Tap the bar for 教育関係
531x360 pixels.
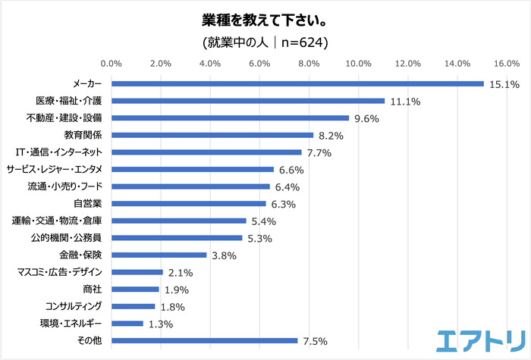(x=212, y=135)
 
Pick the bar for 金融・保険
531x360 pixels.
(x=159, y=255)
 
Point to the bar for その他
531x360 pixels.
(x=204, y=340)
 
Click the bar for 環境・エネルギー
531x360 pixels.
(x=127, y=323)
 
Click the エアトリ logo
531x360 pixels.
(x=480, y=340)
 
